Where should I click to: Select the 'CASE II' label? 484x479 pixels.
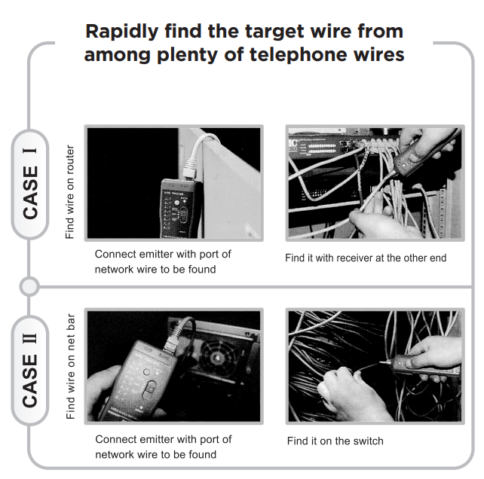point(31,368)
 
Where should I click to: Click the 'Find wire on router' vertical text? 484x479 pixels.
point(69,183)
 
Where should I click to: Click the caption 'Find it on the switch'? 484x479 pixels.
point(335,441)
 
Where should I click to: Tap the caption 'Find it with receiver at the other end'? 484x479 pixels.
point(366,258)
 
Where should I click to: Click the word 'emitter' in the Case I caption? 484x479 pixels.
point(162,254)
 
